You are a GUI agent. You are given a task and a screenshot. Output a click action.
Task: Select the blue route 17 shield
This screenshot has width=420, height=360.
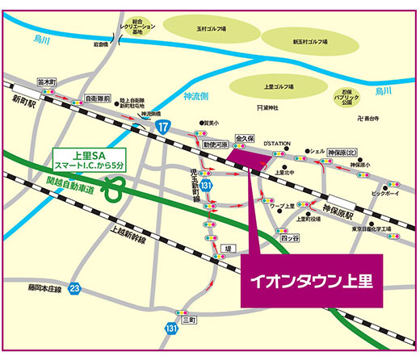pyautogui.click(x=165, y=128)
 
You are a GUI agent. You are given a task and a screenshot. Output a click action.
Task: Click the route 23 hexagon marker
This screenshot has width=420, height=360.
pyautogui.click(x=75, y=287)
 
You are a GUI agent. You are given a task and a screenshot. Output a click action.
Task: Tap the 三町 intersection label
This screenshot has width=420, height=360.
pyautogui.click(x=189, y=321)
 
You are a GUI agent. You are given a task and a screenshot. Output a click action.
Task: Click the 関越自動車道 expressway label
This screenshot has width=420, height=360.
pyautogui.click(x=70, y=190)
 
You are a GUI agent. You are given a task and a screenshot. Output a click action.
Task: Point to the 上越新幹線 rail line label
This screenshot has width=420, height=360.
pyautogui.click(x=120, y=233)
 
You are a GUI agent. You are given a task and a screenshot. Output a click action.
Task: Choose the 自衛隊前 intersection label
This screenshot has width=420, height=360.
pyautogui.click(x=97, y=98)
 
